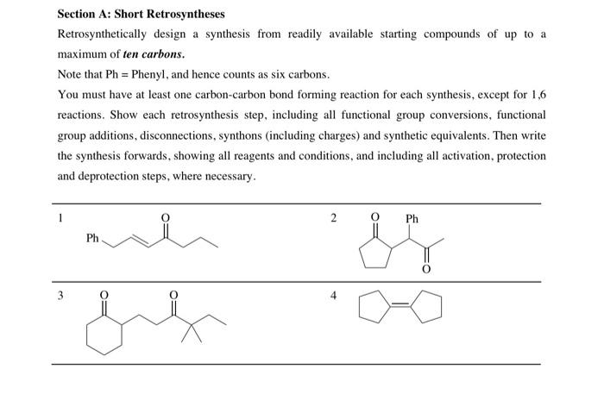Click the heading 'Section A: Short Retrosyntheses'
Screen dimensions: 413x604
click(140, 14)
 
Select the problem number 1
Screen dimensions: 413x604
click(60, 219)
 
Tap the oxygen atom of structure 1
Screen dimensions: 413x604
click(167, 217)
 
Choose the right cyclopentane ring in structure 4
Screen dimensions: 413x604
click(429, 309)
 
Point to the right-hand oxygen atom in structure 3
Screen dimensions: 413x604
click(173, 295)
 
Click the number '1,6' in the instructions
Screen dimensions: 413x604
click(536, 95)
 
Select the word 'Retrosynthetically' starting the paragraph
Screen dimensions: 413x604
click(101, 34)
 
